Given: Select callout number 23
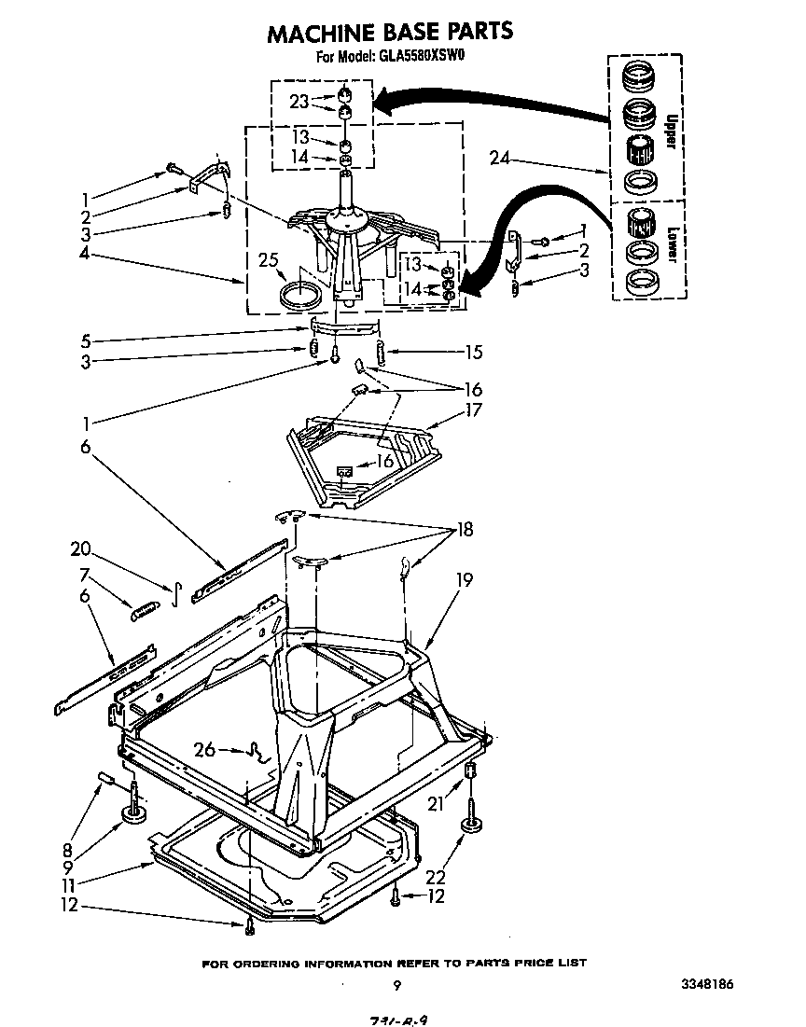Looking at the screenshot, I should tap(299, 102).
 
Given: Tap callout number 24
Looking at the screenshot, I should tap(501, 159).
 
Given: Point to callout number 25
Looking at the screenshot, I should tap(269, 262).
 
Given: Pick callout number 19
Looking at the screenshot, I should tap(465, 579).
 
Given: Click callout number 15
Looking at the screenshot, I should tap(474, 352).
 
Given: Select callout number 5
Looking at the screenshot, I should tap(85, 340).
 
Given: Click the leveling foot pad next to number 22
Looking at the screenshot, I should tap(468, 826).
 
